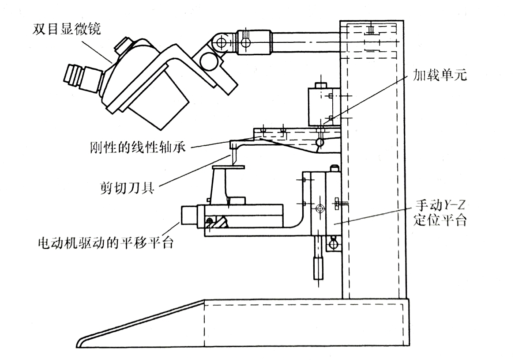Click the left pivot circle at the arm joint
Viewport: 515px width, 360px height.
click(x=222, y=42)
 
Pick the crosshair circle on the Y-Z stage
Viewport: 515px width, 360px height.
click(x=320, y=208)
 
